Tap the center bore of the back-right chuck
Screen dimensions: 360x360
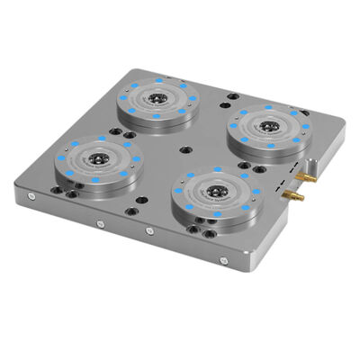pyautogui.click(x=267, y=125)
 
